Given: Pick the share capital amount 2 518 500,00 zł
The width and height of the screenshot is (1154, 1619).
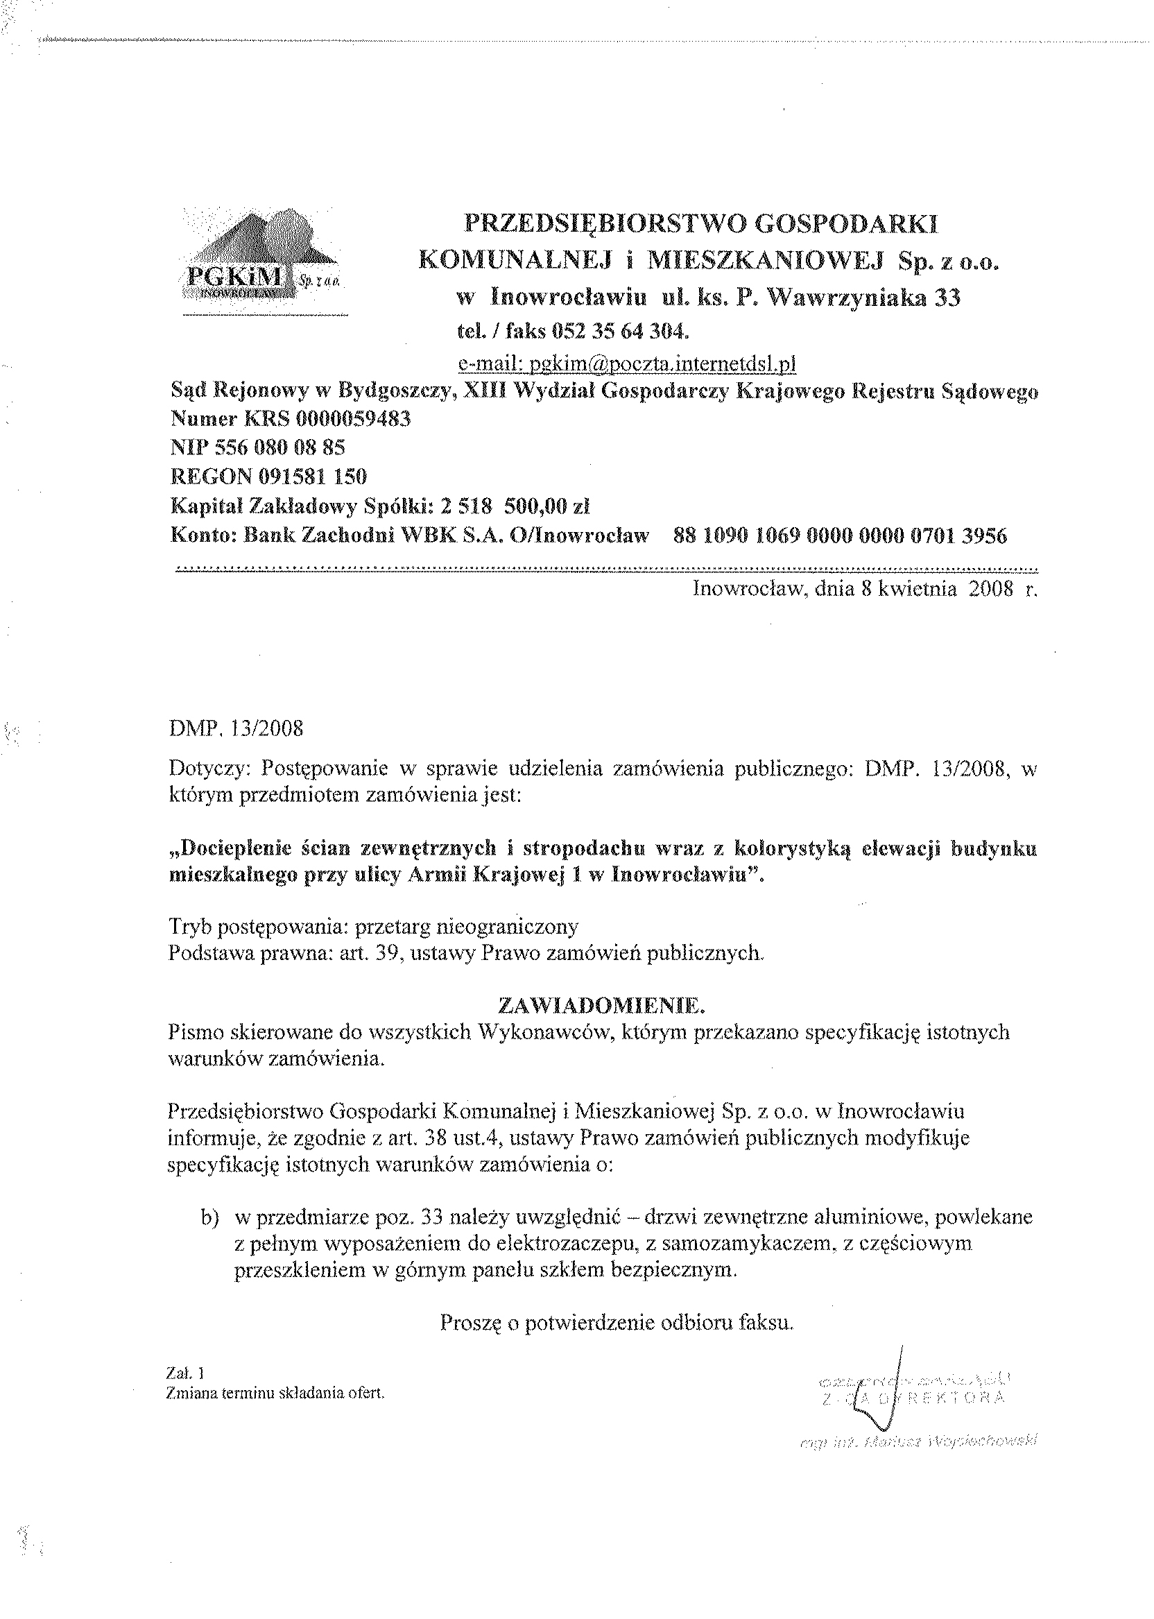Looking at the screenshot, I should (x=515, y=506).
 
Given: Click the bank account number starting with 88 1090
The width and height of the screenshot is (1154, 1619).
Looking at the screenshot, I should (x=839, y=536).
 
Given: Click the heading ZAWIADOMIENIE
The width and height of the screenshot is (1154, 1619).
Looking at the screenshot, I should (x=602, y=1006).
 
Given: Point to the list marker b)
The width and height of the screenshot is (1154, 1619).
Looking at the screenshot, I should (x=209, y=1217).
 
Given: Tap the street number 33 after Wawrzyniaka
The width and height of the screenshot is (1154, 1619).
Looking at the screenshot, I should (x=947, y=298).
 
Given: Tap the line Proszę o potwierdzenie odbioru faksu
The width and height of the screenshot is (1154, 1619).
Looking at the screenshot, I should (x=616, y=1324).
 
